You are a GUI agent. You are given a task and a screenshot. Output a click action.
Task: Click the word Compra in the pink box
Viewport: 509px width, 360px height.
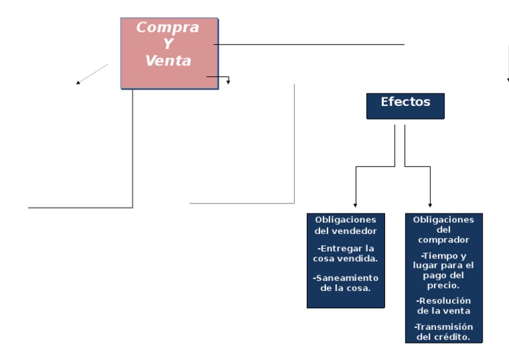tap(168, 28)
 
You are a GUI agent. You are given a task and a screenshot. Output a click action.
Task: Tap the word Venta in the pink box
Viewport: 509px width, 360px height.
tap(168, 61)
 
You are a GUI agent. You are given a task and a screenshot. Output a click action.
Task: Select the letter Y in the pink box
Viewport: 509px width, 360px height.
tap(168, 44)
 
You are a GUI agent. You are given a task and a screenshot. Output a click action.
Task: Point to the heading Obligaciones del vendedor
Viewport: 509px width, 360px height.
tap(345, 225)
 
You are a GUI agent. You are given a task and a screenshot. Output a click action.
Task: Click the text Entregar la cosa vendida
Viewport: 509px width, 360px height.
tap(345, 253)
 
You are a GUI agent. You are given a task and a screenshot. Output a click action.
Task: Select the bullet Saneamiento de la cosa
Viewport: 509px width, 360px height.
tap(345, 283)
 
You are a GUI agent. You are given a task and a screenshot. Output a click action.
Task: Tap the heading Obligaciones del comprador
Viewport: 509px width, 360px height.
tap(443, 229)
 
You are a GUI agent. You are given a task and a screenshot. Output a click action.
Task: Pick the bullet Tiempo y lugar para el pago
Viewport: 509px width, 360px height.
tap(443, 270)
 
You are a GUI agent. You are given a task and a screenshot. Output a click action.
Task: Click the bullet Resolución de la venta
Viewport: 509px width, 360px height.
tap(443, 306)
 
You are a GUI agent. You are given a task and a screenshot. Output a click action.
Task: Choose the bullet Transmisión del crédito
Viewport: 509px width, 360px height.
tap(443, 331)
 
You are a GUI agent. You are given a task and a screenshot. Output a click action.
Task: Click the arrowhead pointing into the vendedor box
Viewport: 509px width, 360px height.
tap(356, 206)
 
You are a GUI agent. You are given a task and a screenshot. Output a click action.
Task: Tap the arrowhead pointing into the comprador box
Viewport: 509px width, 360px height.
tap(430, 206)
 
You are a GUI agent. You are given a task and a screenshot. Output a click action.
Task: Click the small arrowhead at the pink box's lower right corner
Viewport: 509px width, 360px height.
tap(229, 82)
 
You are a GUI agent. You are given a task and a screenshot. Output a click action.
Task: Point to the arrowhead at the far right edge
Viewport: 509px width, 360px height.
tap(508, 80)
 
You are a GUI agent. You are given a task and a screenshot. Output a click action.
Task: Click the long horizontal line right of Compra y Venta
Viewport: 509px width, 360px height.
tap(309, 44)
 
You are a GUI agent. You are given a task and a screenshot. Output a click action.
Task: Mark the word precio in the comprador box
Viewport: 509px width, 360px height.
tap(443, 285)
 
